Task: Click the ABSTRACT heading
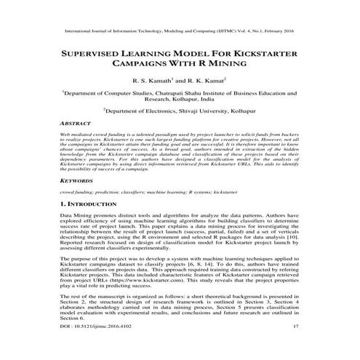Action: (x=76, y=124)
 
